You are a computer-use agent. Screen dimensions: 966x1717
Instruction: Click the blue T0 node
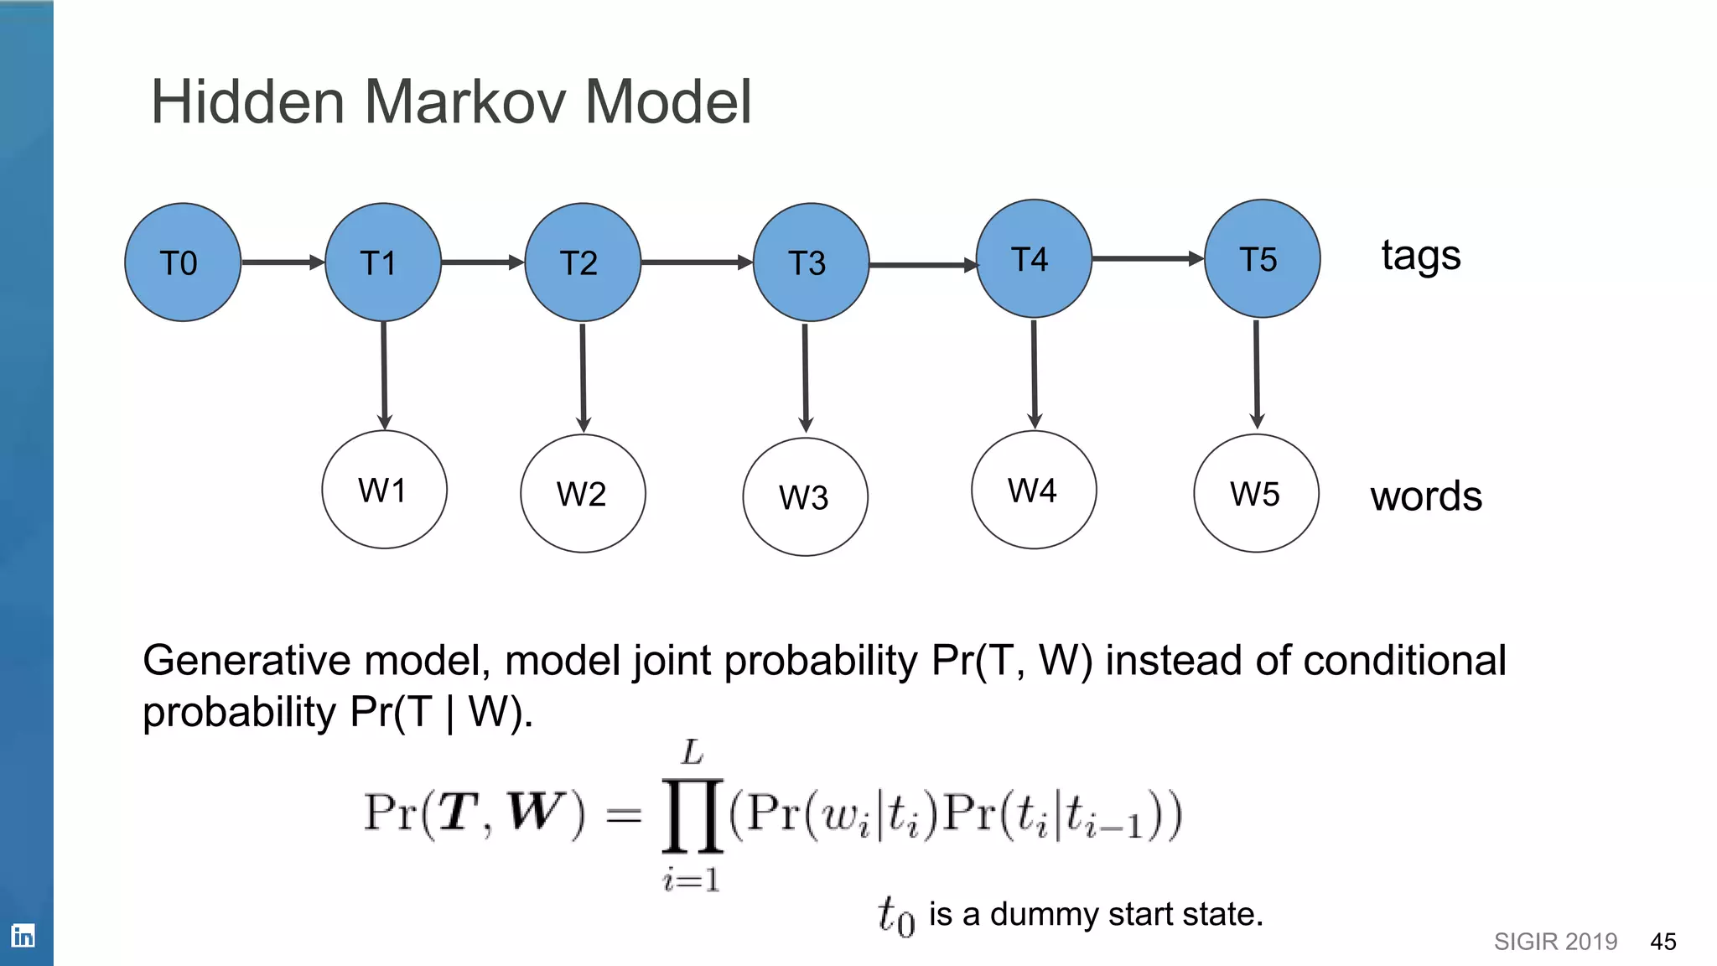[x=183, y=262]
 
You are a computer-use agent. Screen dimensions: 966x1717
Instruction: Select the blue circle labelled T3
[x=811, y=262]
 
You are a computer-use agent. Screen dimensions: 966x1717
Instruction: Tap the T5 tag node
[x=1262, y=258]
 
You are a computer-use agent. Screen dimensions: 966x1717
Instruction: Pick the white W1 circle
[x=384, y=490]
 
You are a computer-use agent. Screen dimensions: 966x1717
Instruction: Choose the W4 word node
[x=1034, y=490]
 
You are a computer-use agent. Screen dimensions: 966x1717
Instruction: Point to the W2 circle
[x=583, y=493]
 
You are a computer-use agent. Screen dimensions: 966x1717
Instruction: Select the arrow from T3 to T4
[x=922, y=265]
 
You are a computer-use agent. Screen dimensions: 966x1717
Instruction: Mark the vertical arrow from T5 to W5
[x=1256, y=374]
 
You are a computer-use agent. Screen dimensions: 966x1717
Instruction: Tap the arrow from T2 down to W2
[x=583, y=377]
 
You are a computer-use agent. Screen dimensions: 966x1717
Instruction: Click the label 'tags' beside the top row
[x=1421, y=256]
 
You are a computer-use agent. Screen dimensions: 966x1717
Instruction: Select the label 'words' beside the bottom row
[x=1426, y=496]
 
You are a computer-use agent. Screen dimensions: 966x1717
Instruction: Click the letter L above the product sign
[x=693, y=752]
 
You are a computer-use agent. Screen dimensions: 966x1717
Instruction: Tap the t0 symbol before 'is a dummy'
[x=895, y=916]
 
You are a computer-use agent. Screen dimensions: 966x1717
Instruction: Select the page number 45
[x=1663, y=942]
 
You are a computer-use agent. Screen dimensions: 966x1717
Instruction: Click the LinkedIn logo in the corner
[x=23, y=935]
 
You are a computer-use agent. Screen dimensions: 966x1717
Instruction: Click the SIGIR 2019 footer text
[x=1555, y=942]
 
